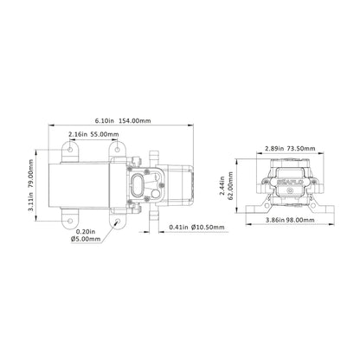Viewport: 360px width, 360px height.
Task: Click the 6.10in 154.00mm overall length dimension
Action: (126, 120)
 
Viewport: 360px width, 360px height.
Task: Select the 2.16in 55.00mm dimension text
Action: (93, 135)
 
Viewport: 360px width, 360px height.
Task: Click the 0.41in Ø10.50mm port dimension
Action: (196, 227)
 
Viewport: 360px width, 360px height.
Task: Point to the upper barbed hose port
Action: (153, 155)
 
